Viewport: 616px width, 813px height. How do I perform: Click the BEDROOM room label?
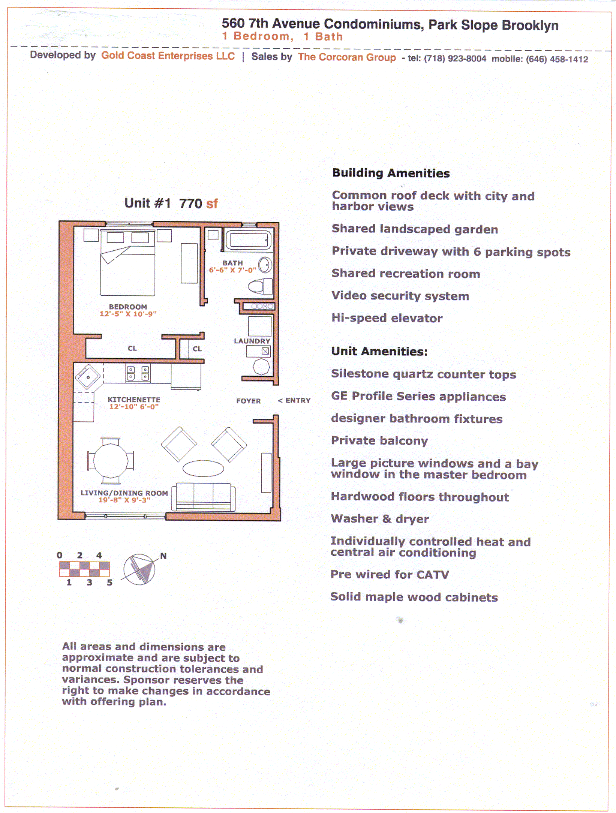pos(128,307)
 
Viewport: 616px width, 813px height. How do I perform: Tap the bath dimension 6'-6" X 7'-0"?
pos(232,270)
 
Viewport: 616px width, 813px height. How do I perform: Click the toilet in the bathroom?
pos(260,287)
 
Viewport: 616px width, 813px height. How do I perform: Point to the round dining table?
pos(111,460)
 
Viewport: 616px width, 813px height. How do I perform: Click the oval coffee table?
pos(203,468)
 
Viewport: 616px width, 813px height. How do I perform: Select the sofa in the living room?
pos(204,497)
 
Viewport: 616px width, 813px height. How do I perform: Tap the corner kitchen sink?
pos(88,377)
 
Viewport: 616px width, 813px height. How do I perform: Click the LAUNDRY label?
pos(252,341)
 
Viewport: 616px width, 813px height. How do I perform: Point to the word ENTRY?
pos(298,400)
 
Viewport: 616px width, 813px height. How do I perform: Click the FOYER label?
pos(248,401)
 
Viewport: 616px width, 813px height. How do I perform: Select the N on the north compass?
pos(163,556)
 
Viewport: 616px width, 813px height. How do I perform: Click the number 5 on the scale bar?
pos(109,582)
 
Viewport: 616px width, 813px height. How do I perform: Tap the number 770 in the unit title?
pos(190,203)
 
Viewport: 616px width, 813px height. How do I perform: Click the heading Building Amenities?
pos(391,173)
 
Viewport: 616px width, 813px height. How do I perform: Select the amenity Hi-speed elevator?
pos(387,318)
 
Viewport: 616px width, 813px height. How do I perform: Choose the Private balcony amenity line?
pos(379,440)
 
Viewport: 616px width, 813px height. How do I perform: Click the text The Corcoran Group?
pos(347,57)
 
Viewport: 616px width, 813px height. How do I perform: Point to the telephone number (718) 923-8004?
pos(455,58)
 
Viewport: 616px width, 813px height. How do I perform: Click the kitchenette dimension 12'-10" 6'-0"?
pos(134,407)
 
